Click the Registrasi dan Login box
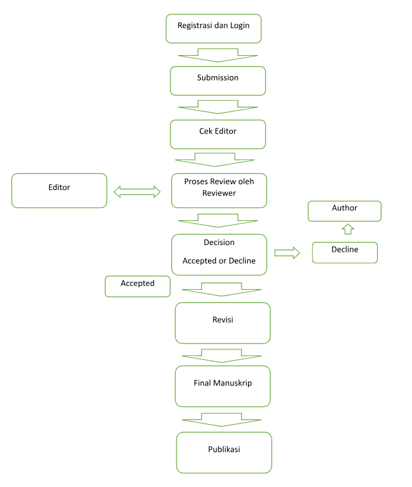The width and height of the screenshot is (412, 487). click(x=213, y=29)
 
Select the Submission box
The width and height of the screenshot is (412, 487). click(x=218, y=81)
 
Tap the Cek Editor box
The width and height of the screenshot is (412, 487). click(x=218, y=134)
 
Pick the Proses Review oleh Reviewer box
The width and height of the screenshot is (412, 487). click(x=219, y=190)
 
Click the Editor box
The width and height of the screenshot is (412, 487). click(x=59, y=190)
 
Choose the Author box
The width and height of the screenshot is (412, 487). click(x=344, y=211)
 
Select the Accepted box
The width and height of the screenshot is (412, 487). click(x=137, y=286)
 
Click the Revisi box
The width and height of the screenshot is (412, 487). click(x=222, y=323)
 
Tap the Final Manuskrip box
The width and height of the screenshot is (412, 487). click(x=222, y=386)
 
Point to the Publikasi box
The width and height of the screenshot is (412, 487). click(x=224, y=452)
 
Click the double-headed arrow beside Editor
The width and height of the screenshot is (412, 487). click(x=137, y=192)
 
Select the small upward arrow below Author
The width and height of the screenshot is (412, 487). click(x=348, y=229)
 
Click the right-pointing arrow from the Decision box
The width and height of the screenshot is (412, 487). click(x=287, y=253)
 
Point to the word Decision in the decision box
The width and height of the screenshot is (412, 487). click(x=219, y=243)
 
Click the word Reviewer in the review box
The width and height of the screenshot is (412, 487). click(x=219, y=193)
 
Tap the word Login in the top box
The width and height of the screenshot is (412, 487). click(x=239, y=26)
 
